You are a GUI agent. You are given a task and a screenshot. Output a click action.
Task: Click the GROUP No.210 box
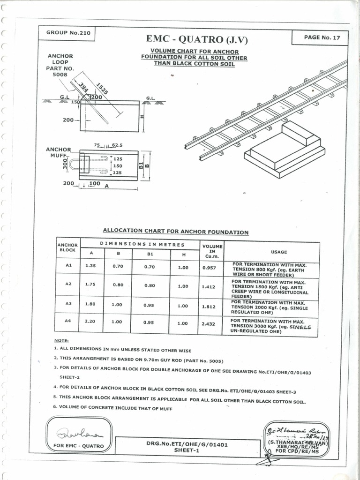[68, 33]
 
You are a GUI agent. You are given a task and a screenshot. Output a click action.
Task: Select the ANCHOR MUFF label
[58, 152]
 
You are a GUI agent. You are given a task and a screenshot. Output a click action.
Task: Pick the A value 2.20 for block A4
[90, 322]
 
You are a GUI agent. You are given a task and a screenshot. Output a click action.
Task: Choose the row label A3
[68, 304]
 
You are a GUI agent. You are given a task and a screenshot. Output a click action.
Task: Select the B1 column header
[150, 253]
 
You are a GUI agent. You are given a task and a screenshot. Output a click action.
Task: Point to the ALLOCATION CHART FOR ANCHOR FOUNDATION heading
[176, 232]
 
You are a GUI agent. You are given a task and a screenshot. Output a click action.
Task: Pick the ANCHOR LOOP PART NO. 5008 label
[60, 65]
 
